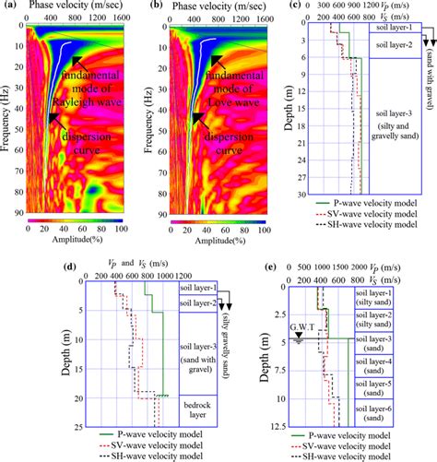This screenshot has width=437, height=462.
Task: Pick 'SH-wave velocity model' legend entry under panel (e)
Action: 346,456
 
